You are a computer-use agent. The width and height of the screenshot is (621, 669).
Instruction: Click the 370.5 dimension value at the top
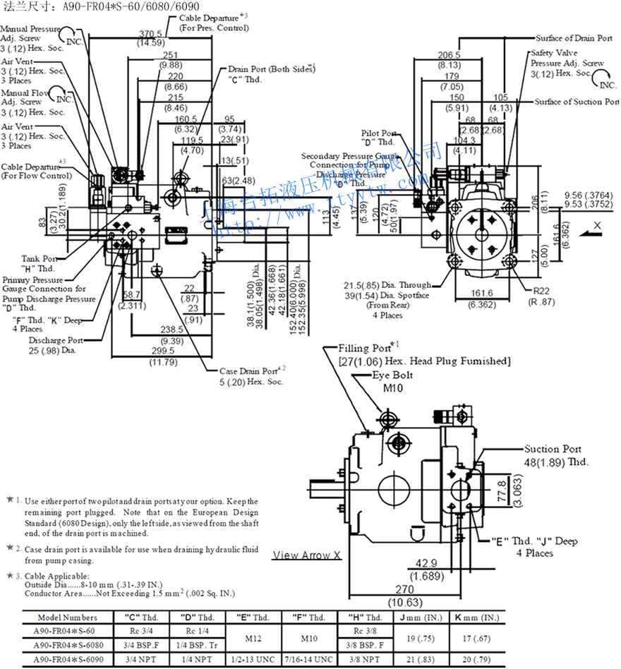click(150, 34)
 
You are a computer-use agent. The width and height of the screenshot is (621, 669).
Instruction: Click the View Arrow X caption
click(307, 555)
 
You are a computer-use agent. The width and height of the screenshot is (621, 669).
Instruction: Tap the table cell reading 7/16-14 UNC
click(310, 660)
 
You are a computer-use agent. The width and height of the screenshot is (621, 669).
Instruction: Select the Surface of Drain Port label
click(574, 38)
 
